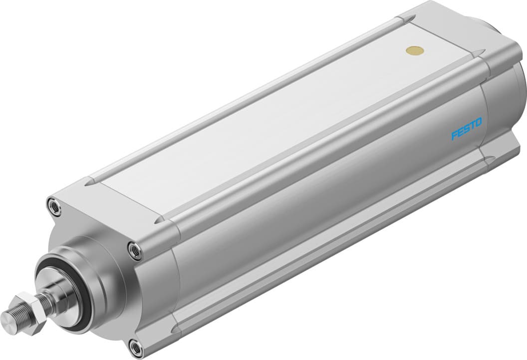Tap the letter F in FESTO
click(x=455, y=135)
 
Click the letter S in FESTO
click(x=467, y=130)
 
